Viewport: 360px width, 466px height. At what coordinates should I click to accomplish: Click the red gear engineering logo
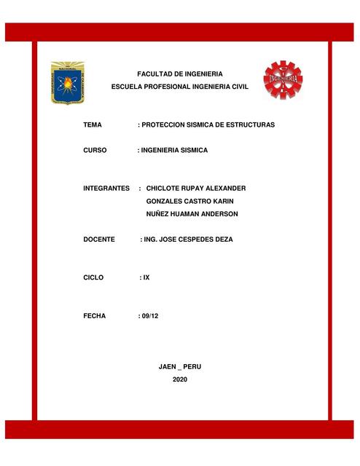[x=283, y=79]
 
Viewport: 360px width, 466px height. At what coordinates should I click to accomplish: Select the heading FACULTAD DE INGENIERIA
[x=180, y=74]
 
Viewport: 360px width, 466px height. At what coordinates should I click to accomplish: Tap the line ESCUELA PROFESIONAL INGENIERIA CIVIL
[x=179, y=87]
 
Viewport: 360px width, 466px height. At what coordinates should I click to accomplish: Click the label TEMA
[x=93, y=125]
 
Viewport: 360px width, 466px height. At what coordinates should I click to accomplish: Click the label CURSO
[x=95, y=150]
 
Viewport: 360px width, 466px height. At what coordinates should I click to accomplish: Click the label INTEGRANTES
[x=106, y=188]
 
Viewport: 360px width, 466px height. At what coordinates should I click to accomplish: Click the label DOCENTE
[x=99, y=240]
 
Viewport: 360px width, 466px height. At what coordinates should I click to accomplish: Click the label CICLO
[x=94, y=277]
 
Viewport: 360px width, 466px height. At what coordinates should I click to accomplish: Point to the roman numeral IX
[x=146, y=277]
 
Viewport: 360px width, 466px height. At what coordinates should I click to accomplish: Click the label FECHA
[x=95, y=316]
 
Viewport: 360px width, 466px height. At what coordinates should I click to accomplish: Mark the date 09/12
[x=149, y=316]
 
